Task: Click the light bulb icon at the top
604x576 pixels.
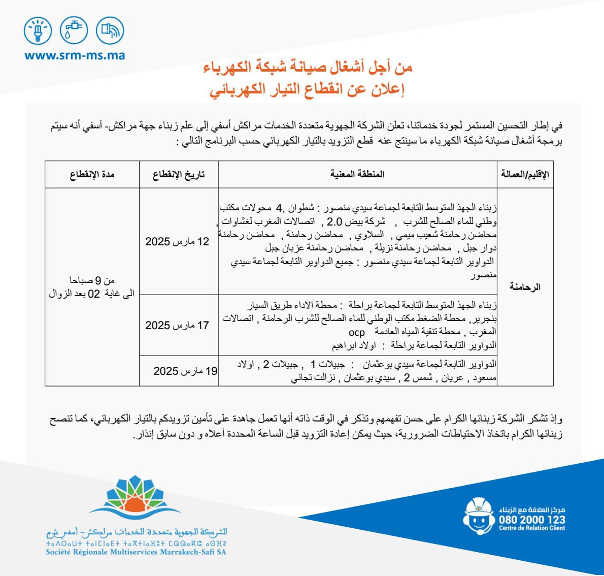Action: (x=38, y=30)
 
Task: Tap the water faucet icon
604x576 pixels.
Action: (x=74, y=30)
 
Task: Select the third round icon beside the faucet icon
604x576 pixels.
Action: (x=110, y=30)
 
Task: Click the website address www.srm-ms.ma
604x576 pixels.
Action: (x=75, y=55)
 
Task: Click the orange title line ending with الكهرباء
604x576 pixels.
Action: (x=308, y=67)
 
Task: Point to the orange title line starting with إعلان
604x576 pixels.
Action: (x=307, y=90)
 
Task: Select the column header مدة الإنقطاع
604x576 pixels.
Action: (x=92, y=174)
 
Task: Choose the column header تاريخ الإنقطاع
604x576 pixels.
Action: (x=179, y=174)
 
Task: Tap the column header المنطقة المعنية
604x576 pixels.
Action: (x=357, y=174)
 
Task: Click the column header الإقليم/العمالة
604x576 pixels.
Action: (x=525, y=174)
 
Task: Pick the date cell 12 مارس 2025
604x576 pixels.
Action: (x=177, y=241)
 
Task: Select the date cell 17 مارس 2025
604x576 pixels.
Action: (x=177, y=325)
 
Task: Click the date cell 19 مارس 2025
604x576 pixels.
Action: (x=185, y=371)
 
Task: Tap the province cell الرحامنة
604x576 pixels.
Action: (x=525, y=287)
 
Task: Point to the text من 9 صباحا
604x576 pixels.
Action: (x=92, y=280)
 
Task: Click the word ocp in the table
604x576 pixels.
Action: (x=356, y=332)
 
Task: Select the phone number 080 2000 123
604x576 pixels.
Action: (x=531, y=520)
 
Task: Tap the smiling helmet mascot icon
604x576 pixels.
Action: (x=478, y=515)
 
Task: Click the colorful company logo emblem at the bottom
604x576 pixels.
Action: (x=135, y=496)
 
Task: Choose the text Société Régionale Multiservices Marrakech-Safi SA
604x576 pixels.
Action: (x=136, y=552)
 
